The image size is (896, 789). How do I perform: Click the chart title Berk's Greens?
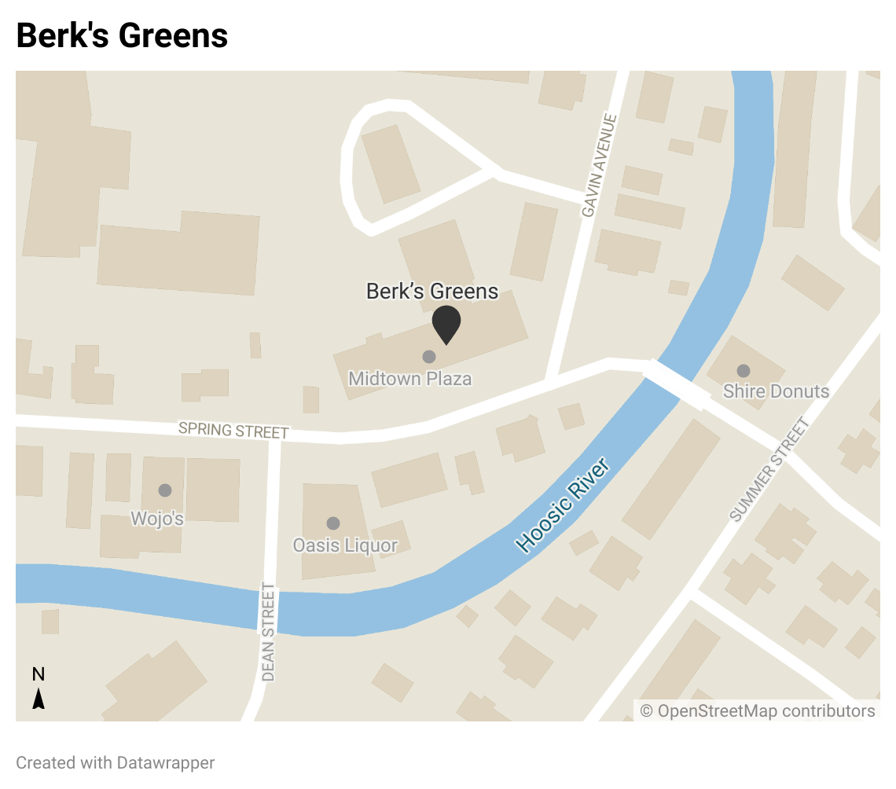[x=122, y=35]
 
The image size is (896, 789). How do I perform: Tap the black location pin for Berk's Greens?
[x=446, y=323]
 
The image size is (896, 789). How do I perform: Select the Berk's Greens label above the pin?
[x=432, y=292]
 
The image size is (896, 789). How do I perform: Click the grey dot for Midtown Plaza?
[x=429, y=357]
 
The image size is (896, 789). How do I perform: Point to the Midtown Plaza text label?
[x=410, y=379]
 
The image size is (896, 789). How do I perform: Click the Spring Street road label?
[x=233, y=430]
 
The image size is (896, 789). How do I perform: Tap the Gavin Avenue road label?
[x=600, y=166]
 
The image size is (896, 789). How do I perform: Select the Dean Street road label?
[x=269, y=632]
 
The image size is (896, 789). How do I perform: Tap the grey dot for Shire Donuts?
[x=743, y=370]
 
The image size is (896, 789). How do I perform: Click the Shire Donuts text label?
[x=776, y=391]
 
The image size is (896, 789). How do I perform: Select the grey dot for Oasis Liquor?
[x=333, y=523]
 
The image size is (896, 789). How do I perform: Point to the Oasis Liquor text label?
[x=345, y=545]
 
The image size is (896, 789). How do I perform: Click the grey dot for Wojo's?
[x=165, y=490]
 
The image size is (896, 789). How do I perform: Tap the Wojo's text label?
[x=158, y=519]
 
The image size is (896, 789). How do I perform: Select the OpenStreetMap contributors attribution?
[x=757, y=711]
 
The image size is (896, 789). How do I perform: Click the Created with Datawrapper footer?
[x=116, y=762]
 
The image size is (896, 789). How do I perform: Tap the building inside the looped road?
[x=391, y=163]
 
